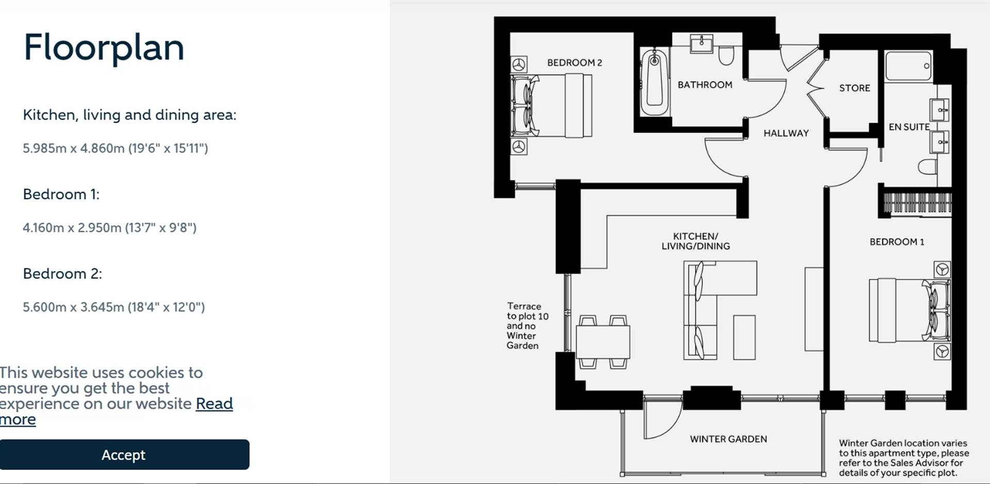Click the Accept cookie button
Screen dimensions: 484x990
[x=124, y=455]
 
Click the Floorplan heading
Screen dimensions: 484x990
[x=104, y=47]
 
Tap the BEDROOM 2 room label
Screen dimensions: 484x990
[x=574, y=63]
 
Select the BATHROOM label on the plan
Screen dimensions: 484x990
[x=704, y=85]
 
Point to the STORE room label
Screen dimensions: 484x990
[x=854, y=88]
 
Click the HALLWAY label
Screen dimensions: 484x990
[x=786, y=133]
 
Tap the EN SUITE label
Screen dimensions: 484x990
[x=909, y=127]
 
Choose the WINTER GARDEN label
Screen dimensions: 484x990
[x=728, y=439]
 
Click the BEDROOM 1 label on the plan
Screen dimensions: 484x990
[x=897, y=242]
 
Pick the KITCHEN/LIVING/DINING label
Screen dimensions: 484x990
[x=696, y=241]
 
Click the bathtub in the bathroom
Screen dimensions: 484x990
[x=654, y=82]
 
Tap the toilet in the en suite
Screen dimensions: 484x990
[x=928, y=166]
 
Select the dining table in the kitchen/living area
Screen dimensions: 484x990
[x=603, y=341]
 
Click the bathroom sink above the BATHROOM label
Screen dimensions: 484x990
[x=701, y=44]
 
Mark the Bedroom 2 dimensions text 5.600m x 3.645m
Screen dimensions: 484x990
[x=113, y=307]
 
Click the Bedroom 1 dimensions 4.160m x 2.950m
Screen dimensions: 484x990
[x=109, y=228]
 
